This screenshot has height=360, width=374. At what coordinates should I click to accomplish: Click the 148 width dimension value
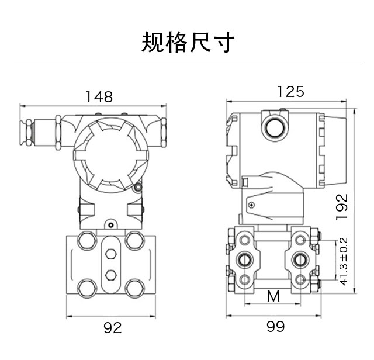coord(99,96)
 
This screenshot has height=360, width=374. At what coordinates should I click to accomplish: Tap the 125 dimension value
coord(290,92)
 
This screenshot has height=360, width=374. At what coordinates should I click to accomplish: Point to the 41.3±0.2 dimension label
coord(344,261)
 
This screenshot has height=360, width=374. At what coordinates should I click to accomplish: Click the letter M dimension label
coord(273,296)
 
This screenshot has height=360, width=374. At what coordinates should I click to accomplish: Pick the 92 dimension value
coord(112,328)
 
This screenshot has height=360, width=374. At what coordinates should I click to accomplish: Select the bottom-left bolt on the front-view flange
coord(87,287)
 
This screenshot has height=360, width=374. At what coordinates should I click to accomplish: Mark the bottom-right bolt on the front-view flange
coord(135,287)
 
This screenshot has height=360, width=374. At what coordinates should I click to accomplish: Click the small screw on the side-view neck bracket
coord(251,205)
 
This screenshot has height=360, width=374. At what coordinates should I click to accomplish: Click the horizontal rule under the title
coord(188,63)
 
